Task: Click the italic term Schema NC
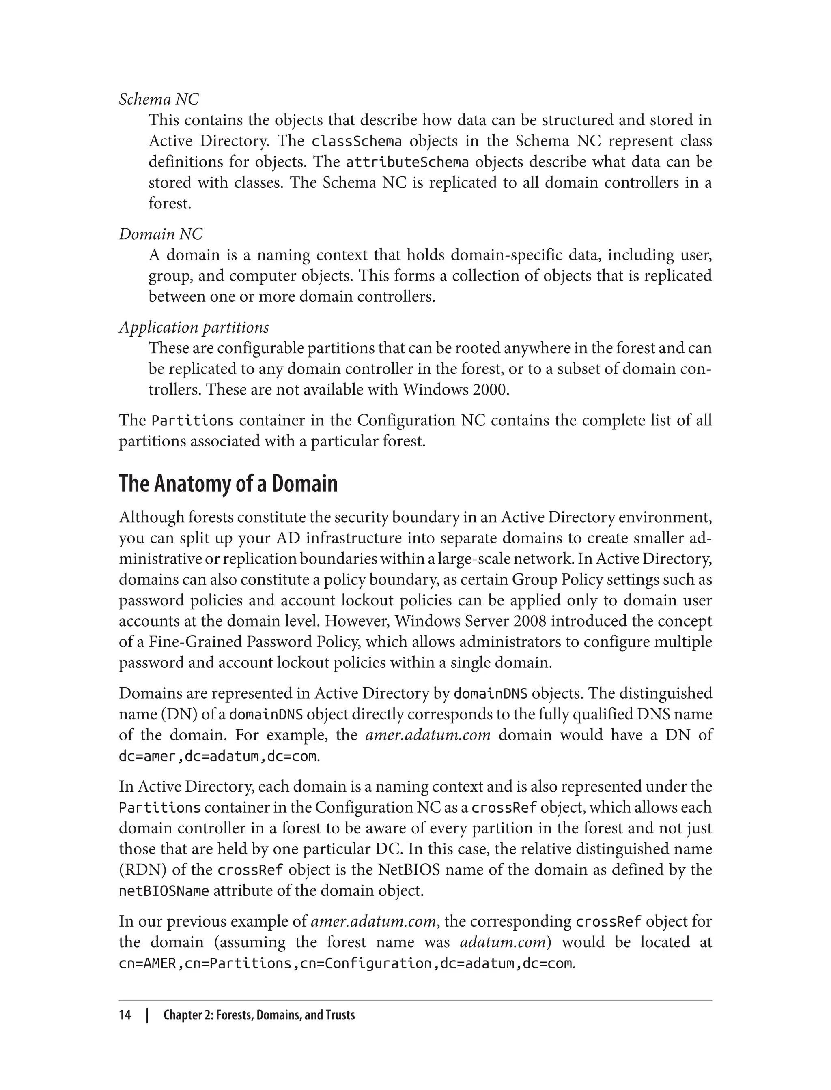point(159,99)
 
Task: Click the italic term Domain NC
point(161,234)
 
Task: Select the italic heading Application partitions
point(194,327)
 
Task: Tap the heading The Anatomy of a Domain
point(228,483)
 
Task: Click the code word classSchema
point(356,142)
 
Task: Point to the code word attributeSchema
point(407,162)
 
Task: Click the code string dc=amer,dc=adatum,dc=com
point(217,756)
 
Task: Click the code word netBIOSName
point(164,891)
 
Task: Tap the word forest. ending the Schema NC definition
point(170,204)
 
